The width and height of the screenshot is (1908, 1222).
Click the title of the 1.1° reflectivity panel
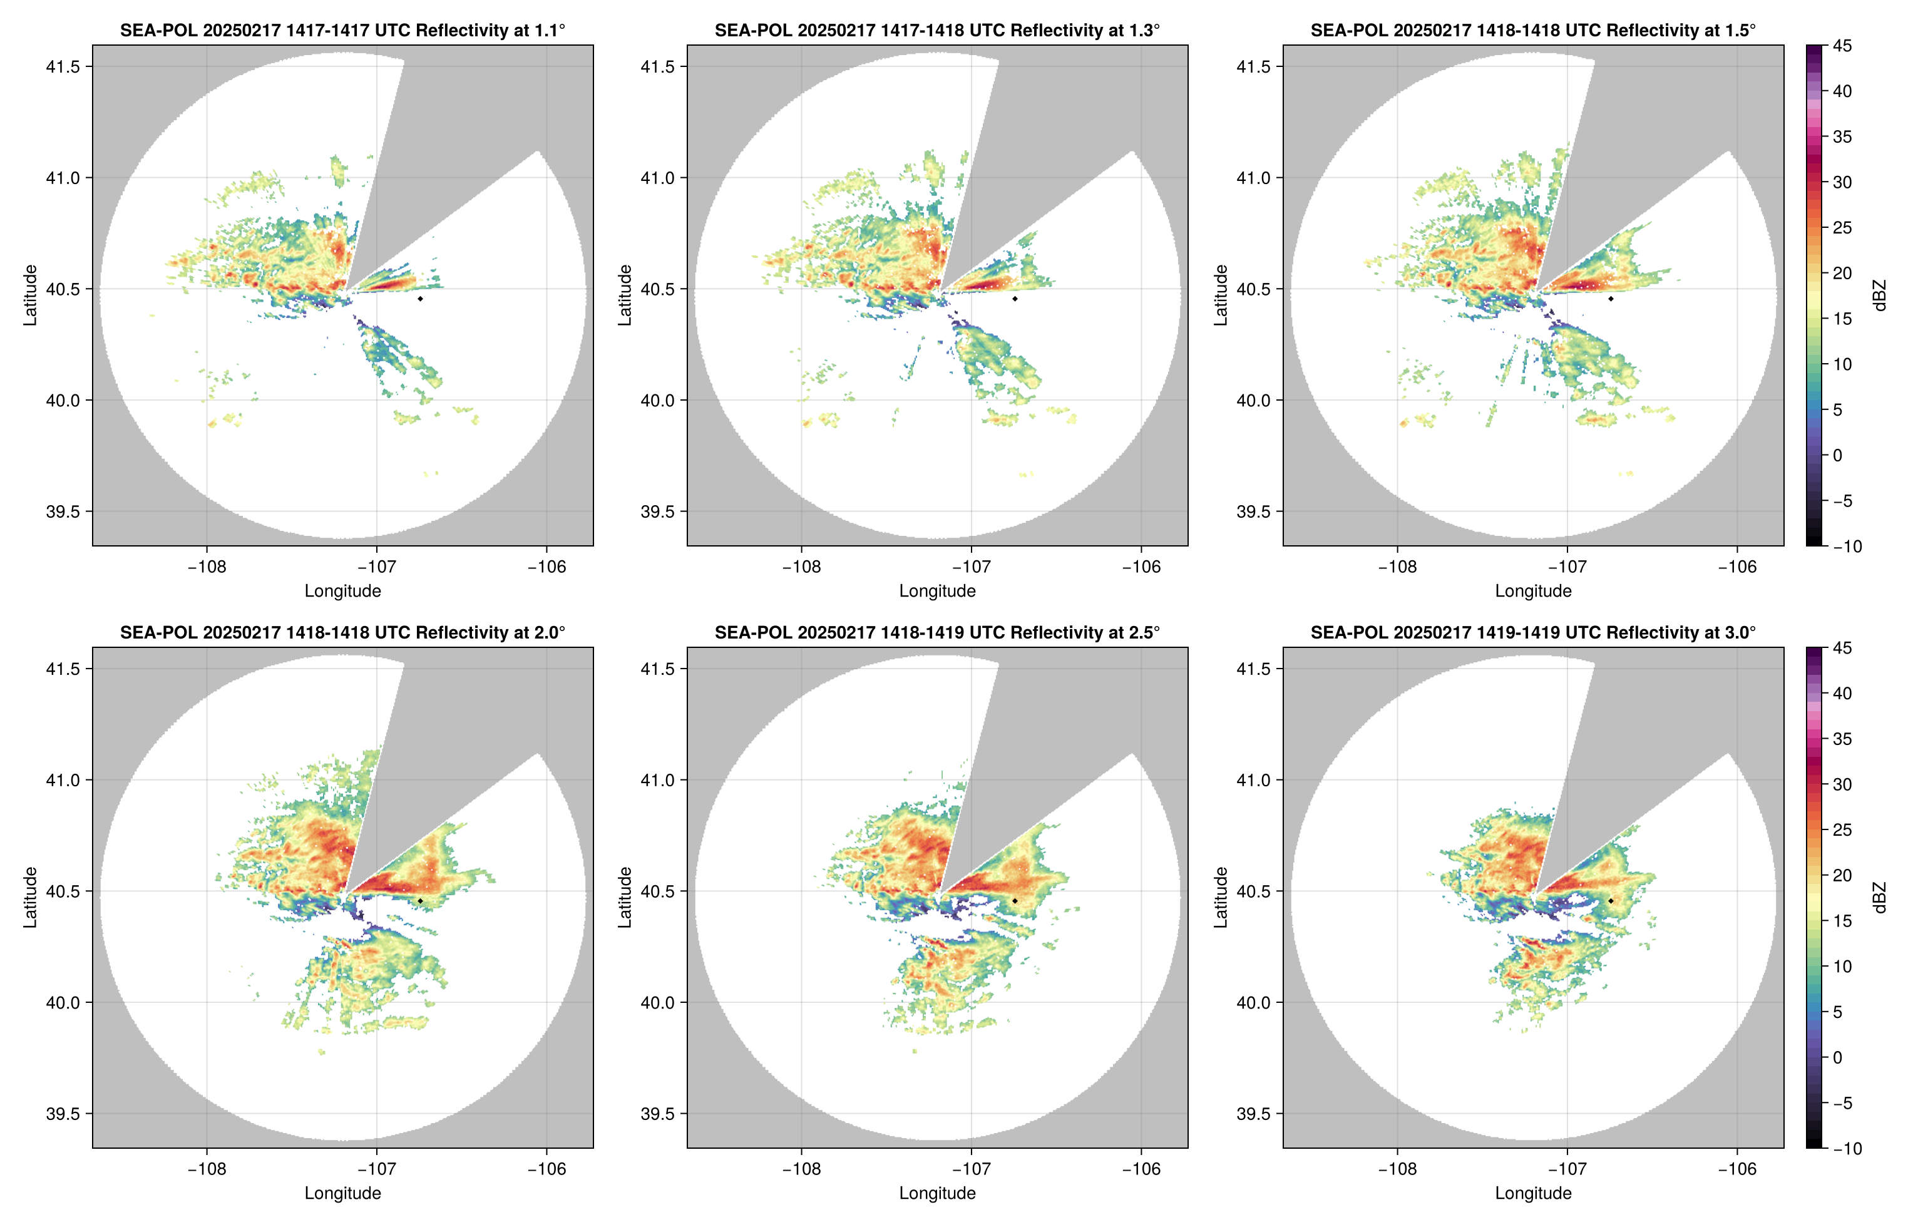(x=342, y=30)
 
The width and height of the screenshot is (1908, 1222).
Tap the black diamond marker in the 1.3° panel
(x=1015, y=299)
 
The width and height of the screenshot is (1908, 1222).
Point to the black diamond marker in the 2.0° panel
(x=419, y=901)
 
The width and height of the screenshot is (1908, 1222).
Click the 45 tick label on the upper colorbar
(x=1842, y=46)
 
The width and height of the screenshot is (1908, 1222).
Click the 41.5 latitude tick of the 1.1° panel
(x=63, y=66)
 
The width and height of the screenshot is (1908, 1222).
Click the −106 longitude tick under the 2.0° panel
(x=546, y=1169)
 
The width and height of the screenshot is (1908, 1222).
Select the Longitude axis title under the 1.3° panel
(x=937, y=591)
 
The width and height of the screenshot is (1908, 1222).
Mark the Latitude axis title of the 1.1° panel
(x=30, y=295)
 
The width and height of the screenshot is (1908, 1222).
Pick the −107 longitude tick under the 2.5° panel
(x=971, y=1169)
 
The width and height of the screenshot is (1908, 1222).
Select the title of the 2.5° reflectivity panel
(x=937, y=632)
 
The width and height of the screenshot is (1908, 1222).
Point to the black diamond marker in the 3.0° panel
(x=1611, y=901)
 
